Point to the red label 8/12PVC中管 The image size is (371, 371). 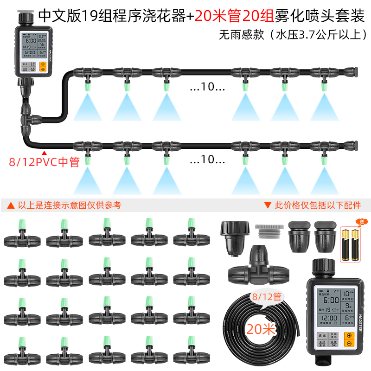click(x=45, y=162)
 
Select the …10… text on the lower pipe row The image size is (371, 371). click(x=207, y=160)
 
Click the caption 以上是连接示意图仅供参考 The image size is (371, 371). click(x=65, y=205)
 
